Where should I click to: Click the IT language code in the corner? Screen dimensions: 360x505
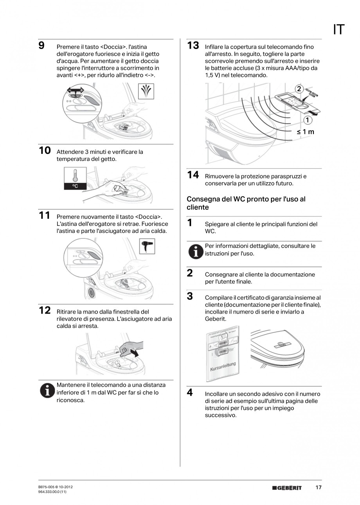click(x=338, y=29)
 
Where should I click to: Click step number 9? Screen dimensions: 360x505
click(x=41, y=45)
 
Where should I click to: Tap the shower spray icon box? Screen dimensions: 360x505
click(x=146, y=91)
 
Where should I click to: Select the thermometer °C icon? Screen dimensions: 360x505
click(x=75, y=178)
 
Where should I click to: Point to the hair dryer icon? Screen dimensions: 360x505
click(x=147, y=246)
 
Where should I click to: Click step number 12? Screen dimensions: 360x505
click(x=45, y=310)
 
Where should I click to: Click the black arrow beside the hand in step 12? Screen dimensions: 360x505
click(x=135, y=352)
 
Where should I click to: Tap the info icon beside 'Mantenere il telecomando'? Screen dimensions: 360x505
click(x=47, y=391)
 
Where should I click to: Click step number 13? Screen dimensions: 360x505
click(x=193, y=45)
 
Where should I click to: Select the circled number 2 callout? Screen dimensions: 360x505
click(x=299, y=89)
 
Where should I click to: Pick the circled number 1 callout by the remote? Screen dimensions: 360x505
click(x=308, y=120)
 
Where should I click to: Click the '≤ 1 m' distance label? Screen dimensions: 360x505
click(x=305, y=132)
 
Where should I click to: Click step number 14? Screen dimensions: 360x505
click(x=193, y=175)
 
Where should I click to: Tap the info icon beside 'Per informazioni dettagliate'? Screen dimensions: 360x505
click(x=196, y=252)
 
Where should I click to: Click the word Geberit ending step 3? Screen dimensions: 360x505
click(x=215, y=319)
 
